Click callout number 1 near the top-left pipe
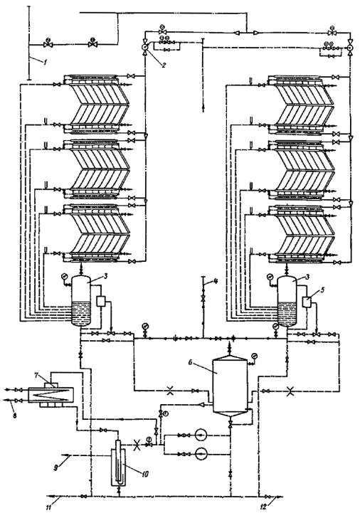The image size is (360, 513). (x=45, y=61)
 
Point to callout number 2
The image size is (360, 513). (x=164, y=64)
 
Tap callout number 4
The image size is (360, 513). (x=216, y=280)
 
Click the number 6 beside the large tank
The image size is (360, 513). (x=191, y=362)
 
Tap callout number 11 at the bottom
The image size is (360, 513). (x=49, y=508)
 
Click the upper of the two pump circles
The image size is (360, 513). (x=201, y=435)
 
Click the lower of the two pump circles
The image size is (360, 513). (x=201, y=454)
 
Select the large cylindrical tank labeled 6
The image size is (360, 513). (x=229, y=384)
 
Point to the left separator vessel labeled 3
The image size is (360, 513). (x=81, y=300)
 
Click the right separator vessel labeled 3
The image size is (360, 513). (x=287, y=301)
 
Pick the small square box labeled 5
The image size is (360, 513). (x=307, y=301)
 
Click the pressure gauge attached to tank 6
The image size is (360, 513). (x=254, y=356)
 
